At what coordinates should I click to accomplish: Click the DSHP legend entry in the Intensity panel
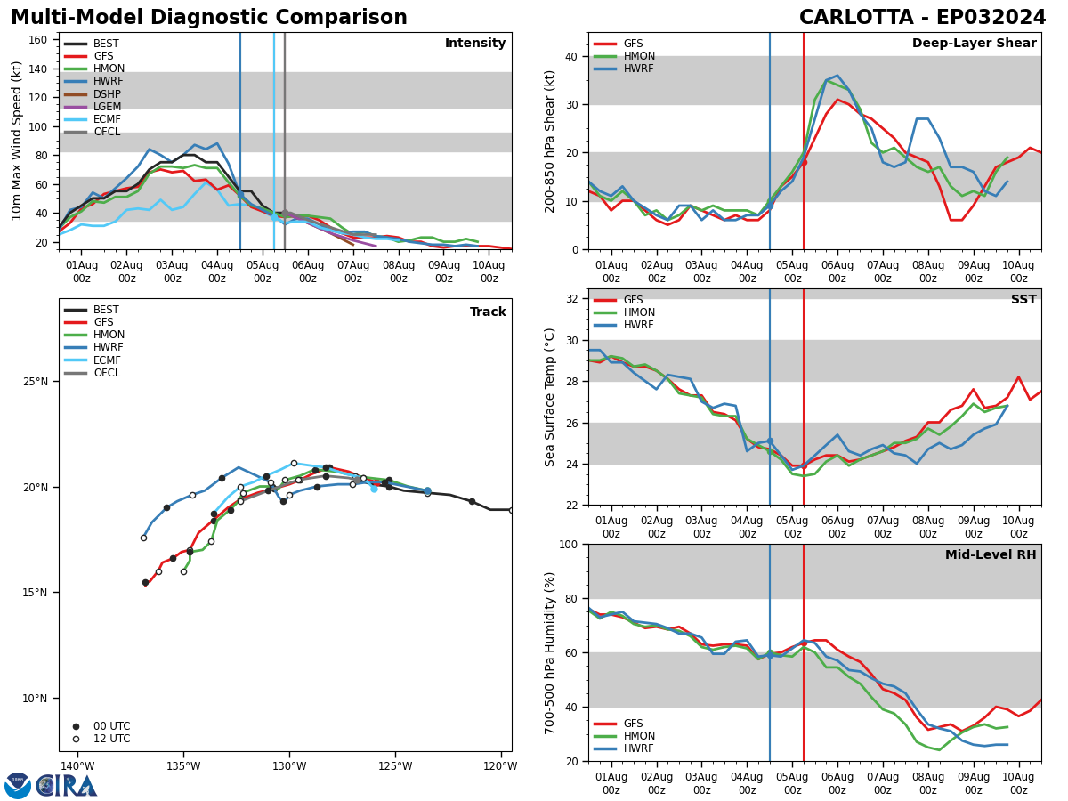click(x=93, y=93)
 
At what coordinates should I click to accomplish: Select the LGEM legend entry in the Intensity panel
click(x=93, y=107)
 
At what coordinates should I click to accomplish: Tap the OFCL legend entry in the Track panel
click(x=92, y=373)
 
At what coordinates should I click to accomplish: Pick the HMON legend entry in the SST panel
click(x=624, y=312)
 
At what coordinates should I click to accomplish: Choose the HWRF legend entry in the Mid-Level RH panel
click(x=624, y=748)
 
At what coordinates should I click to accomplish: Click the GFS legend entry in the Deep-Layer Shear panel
click(x=619, y=44)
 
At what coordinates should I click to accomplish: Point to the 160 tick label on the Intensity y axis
click(x=37, y=40)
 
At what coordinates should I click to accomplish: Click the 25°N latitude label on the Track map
click(x=36, y=382)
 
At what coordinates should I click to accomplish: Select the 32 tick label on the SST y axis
click(x=571, y=299)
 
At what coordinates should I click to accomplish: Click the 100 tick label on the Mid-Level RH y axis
click(x=569, y=544)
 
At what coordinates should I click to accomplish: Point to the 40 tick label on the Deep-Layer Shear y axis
click(x=571, y=56)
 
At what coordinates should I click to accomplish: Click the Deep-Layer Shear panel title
click(x=974, y=43)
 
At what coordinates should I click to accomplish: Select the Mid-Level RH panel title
click(x=991, y=554)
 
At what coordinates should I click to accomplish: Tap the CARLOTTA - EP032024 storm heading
click(x=923, y=17)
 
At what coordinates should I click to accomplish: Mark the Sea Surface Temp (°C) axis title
click(x=549, y=397)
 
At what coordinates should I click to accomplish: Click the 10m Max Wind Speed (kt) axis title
click(x=16, y=141)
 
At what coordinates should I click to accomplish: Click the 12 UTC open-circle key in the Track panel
click(x=102, y=739)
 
